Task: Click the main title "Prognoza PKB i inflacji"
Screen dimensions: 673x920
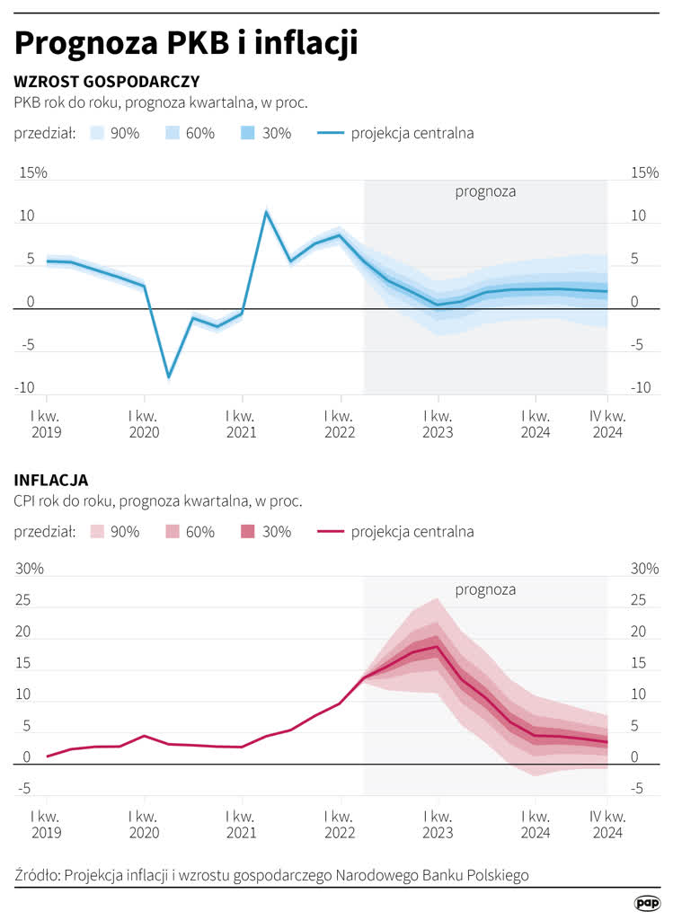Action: pyautogui.click(x=186, y=44)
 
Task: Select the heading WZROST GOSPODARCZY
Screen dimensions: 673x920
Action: pyautogui.click(x=107, y=81)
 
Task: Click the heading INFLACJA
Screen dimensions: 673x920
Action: pyautogui.click(x=51, y=480)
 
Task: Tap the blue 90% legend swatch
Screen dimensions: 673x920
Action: pyautogui.click(x=97, y=133)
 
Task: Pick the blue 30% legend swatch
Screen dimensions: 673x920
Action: pyautogui.click(x=248, y=133)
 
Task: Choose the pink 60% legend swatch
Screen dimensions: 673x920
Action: pyautogui.click(x=173, y=532)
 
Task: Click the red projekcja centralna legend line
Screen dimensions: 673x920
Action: pyautogui.click(x=331, y=532)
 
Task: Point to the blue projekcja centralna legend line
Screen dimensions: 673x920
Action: pyautogui.click(x=331, y=133)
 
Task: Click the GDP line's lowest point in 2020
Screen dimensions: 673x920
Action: pyautogui.click(x=169, y=376)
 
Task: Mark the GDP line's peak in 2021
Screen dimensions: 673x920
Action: pyautogui.click(x=266, y=211)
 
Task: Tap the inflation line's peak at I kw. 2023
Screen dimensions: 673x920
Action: pyautogui.click(x=437, y=647)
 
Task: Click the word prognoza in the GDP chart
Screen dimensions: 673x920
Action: pyautogui.click(x=485, y=192)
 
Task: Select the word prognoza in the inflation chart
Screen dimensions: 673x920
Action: pyautogui.click(x=485, y=589)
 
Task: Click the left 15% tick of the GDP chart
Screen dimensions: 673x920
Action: pyautogui.click(x=33, y=172)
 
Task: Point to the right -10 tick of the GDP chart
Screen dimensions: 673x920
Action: pyautogui.click(x=641, y=388)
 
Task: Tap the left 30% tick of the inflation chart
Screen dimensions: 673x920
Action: pyautogui.click(x=30, y=569)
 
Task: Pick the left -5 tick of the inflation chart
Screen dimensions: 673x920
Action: pyautogui.click(x=24, y=789)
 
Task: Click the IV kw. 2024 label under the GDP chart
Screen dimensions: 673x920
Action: pyautogui.click(x=608, y=424)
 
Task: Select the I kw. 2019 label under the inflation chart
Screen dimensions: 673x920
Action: pyautogui.click(x=47, y=825)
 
